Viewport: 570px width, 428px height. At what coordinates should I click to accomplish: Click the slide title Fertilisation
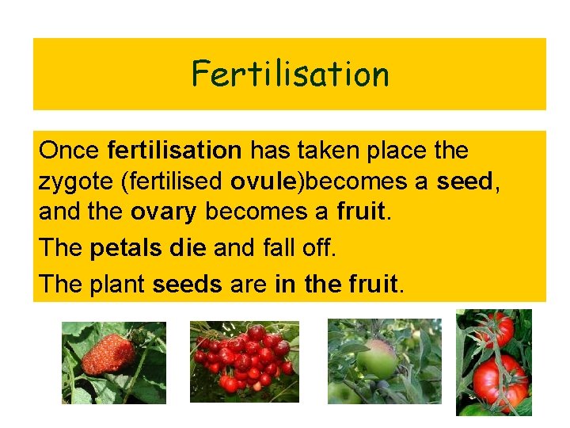pyautogui.click(x=290, y=75)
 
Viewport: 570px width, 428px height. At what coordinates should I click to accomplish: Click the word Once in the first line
pyautogui.click(x=69, y=150)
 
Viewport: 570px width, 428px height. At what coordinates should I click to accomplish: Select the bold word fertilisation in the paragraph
pyautogui.click(x=174, y=150)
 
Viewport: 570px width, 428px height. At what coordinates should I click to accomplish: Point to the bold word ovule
pyautogui.click(x=264, y=182)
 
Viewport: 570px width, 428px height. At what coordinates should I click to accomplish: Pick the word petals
pyautogui.click(x=125, y=247)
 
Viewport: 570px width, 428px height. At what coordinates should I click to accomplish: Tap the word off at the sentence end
pyautogui.click(x=319, y=247)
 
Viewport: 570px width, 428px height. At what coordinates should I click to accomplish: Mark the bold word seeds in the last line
pyautogui.click(x=187, y=283)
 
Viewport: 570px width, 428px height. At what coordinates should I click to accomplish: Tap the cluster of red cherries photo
pyautogui.click(x=244, y=361)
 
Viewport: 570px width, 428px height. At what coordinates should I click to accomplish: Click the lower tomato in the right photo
pyautogui.click(x=500, y=380)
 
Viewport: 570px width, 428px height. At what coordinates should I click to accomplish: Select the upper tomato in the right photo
pyautogui.click(x=496, y=326)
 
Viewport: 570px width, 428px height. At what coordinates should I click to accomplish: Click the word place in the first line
pyautogui.click(x=416, y=150)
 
